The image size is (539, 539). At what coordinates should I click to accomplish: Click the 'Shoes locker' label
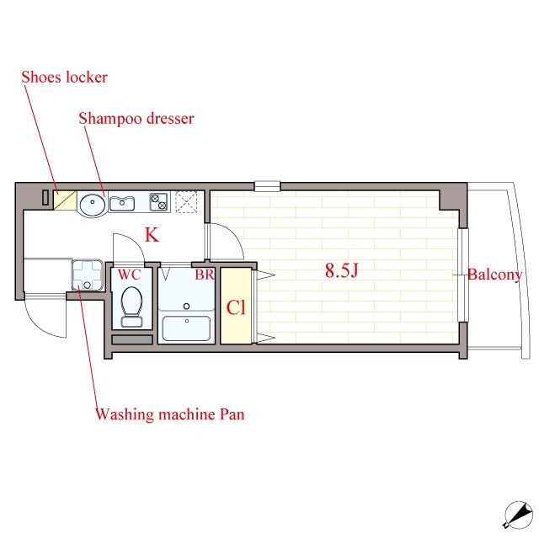pyautogui.click(x=64, y=77)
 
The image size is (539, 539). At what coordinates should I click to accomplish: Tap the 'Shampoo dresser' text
pyautogui.click(x=136, y=119)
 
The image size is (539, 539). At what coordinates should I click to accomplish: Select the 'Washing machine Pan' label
pyautogui.click(x=170, y=414)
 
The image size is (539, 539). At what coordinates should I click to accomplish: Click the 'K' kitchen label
pyautogui.click(x=152, y=235)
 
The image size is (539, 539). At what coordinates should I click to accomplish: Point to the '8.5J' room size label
pyautogui.click(x=342, y=270)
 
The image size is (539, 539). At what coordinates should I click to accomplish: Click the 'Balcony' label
pyautogui.click(x=494, y=275)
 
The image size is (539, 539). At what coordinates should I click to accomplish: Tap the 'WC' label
pyautogui.click(x=129, y=275)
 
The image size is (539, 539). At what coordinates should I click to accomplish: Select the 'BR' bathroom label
pyautogui.click(x=205, y=275)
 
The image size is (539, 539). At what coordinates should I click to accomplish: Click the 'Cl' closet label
pyautogui.click(x=236, y=307)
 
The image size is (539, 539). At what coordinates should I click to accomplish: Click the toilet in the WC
pyautogui.click(x=132, y=307)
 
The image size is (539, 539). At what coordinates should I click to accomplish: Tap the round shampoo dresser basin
pyautogui.click(x=93, y=205)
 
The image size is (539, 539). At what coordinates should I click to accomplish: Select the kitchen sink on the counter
pyautogui.click(x=121, y=204)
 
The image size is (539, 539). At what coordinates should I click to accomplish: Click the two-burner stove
pyautogui.click(x=159, y=202)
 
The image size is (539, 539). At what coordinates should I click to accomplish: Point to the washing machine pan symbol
pyautogui.click(x=88, y=275)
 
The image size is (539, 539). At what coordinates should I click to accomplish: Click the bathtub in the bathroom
pyautogui.click(x=187, y=328)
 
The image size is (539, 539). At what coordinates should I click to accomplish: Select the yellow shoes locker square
pyautogui.click(x=65, y=200)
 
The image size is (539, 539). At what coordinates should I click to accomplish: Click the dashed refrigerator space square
pyautogui.click(x=186, y=202)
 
